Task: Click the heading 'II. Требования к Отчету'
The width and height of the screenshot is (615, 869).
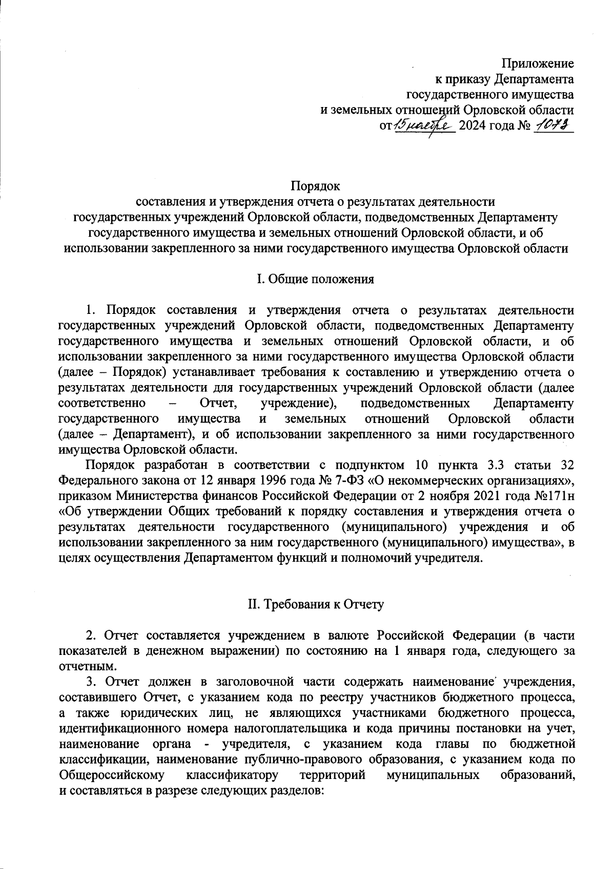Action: tap(315, 604)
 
